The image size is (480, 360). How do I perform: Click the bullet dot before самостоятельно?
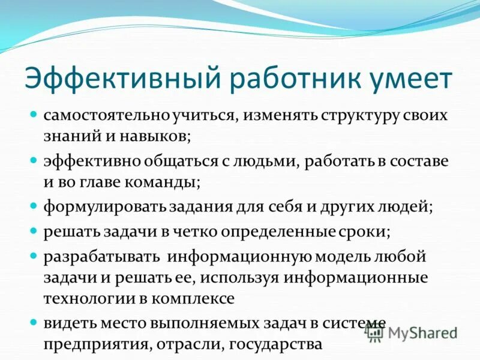click(34, 113)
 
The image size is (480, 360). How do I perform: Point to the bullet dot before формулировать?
click(34, 206)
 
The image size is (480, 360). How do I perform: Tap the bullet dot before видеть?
click(34, 321)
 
